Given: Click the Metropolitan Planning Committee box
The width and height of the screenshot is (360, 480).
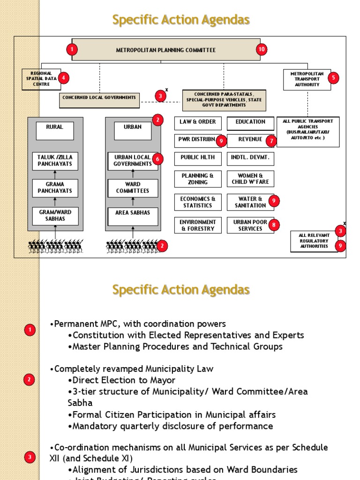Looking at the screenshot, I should pos(166,50).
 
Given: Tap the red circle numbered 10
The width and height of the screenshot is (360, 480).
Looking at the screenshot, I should pos(262,49).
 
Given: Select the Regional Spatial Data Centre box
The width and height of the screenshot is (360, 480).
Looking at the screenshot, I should pos(41,79).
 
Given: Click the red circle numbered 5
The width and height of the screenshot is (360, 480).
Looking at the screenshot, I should pos(63,78).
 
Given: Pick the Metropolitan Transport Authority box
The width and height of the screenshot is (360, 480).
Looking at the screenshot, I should pos(307,79).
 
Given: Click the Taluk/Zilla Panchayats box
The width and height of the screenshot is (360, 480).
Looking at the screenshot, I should pos(55,161).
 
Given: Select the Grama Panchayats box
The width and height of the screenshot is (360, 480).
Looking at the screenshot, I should pos(55,187).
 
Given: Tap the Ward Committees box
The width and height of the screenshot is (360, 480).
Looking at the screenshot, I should pos(133,187).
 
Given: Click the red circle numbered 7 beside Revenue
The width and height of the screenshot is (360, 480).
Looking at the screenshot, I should pos(270,140).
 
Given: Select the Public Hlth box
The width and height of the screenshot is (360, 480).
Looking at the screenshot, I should pos(198,158).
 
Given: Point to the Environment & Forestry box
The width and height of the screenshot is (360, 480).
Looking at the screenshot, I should pos(198,225).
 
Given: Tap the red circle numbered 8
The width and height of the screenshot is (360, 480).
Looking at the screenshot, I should pos(273,225).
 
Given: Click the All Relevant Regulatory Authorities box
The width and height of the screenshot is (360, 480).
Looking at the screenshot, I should pos(314,241).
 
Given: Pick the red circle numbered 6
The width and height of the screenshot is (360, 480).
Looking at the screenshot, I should pos(157,159).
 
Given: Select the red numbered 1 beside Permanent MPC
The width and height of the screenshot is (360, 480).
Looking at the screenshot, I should pos(30,330).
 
